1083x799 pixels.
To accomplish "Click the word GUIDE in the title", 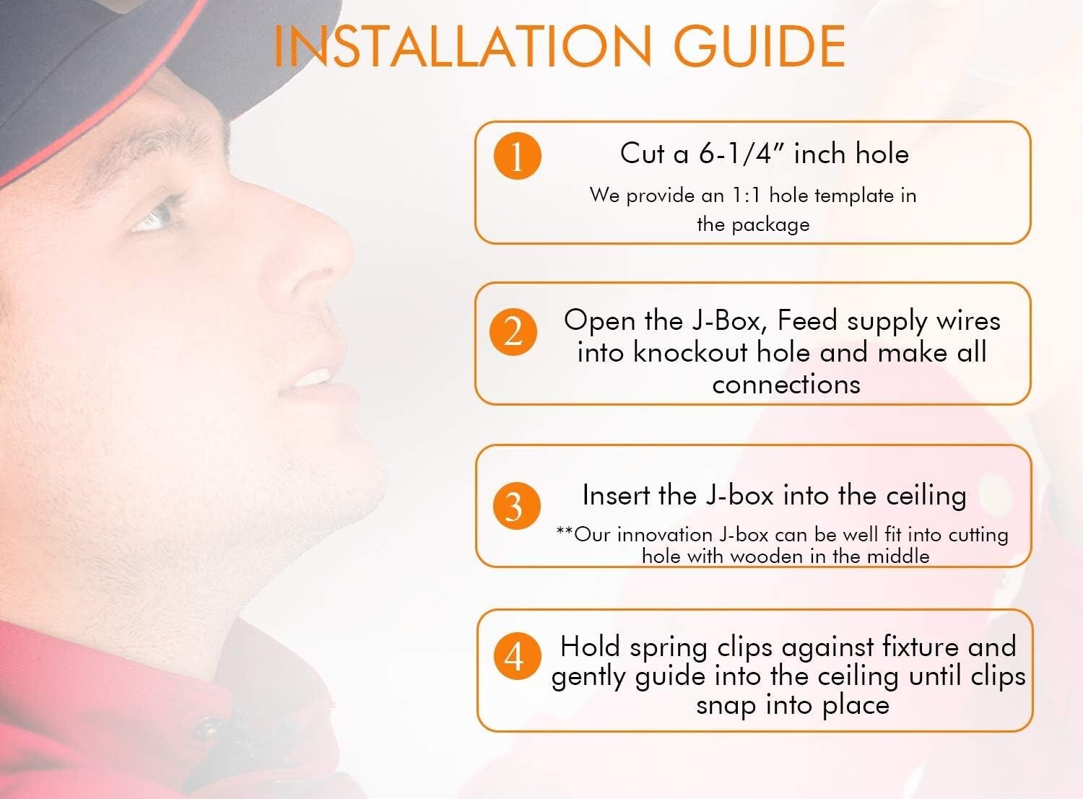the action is click(x=760, y=46).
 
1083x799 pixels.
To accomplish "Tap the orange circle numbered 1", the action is click(x=517, y=156).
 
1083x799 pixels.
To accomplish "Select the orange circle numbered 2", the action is click(x=513, y=332).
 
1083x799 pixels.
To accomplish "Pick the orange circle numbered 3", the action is click(x=517, y=506).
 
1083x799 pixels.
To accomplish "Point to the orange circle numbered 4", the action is click(x=517, y=657).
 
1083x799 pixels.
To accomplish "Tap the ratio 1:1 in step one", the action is click(x=746, y=195).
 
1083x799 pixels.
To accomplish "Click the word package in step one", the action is click(x=770, y=225).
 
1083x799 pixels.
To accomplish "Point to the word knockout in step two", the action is click(x=690, y=352).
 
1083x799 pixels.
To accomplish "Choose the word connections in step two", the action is click(x=786, y=384).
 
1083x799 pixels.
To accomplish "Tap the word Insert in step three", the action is click(x=615, y=495).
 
